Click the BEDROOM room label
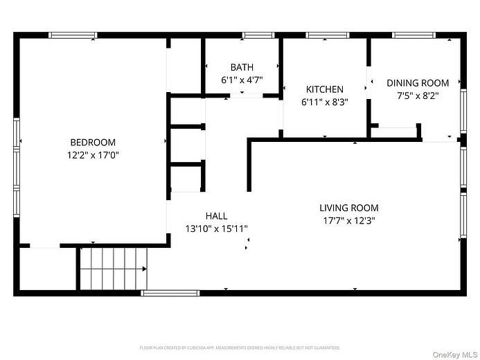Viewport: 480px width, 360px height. (x=92, y=143)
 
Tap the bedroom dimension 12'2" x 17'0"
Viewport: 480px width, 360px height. (x=92, y=155)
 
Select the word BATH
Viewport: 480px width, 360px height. (x=242, y=67)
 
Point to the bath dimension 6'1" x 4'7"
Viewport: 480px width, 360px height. (x=242, y=80)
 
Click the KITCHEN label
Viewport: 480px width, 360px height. (x=324, y=89)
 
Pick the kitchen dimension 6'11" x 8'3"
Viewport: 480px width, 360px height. (x=324, y=102)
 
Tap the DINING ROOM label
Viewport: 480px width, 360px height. (x=418, y=83)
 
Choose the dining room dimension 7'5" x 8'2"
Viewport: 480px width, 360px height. (x=418, y=96)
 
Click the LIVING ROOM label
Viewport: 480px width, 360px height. (x=349, y=208)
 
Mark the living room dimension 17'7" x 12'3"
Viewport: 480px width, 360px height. (x=349, y=220)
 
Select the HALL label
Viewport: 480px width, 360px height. (x=216, y=216)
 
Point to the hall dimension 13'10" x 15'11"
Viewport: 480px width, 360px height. (x=216, y=228)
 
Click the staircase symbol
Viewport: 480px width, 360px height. (x=113, y=269)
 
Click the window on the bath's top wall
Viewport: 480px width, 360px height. (x=258, y=35)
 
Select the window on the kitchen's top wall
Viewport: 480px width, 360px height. (x=328, y=35)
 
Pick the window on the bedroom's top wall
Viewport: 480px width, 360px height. (x=73, y=35)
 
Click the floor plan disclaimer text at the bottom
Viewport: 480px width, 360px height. (x=240, y=348)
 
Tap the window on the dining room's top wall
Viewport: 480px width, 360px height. (x=414, y=35)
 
